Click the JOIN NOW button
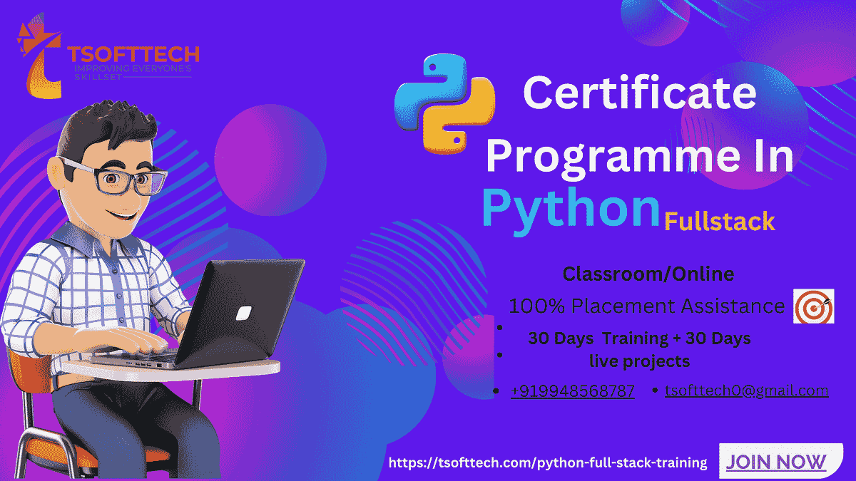775,462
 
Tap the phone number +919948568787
573,391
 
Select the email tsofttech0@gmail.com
746,391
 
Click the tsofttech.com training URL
548,462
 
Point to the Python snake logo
444,103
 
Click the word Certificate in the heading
639,93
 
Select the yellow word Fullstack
719,222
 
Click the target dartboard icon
814,307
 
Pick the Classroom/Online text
648,274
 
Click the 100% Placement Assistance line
646,306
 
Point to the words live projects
639,361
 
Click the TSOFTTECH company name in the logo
133,54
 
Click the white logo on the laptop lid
244,312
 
